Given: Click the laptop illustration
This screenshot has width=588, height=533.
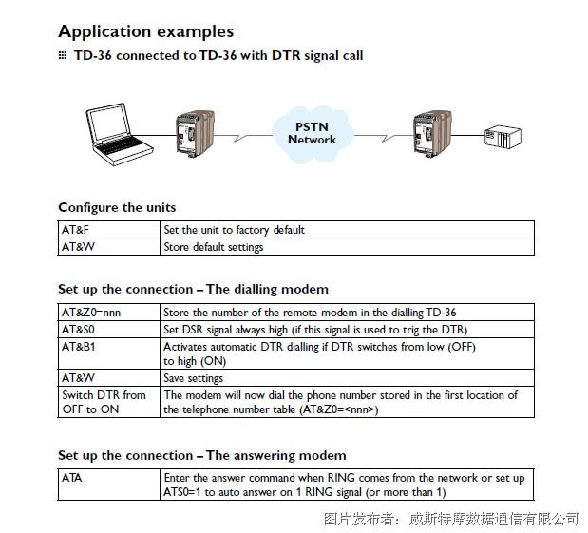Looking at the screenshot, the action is click(x=118, y=134).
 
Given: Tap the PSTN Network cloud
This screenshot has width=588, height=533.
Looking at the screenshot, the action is click(x=312, y=134).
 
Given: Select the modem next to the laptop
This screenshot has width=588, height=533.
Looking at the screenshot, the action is click(x=195, y=133).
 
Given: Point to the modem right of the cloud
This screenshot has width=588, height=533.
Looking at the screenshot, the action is click(x=432, y=133).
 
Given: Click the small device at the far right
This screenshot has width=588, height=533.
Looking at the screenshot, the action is click(x=503, y=137).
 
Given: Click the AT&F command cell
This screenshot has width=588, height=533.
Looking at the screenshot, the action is click(x=109, y=230).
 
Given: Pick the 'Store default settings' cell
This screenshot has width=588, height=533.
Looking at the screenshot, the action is click(x=348, y=247).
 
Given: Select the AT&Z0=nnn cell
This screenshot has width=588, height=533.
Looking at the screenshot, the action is click(x=109, y=312).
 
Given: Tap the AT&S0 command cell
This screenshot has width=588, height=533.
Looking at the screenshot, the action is click(x=109, y=330).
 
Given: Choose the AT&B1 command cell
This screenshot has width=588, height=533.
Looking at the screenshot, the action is click(x=109, y=353).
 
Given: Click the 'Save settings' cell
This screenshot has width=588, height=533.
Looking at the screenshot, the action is click(x=348, y=378).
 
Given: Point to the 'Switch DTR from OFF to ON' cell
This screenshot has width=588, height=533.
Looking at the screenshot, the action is click(x=109, y=402).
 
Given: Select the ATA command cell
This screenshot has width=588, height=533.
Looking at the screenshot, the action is click(x=109, y=485).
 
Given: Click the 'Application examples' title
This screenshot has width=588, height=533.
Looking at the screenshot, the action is click(x=146, y=31).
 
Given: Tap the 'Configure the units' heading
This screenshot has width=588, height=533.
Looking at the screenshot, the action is click(x=117, y=207).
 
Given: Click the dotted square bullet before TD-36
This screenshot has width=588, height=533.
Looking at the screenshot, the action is click(x=63, y=55).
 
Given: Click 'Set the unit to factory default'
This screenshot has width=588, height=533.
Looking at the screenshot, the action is click(x=234, y=230).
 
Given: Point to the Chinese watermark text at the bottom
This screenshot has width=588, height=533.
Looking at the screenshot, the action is click(x=451, y=519).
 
